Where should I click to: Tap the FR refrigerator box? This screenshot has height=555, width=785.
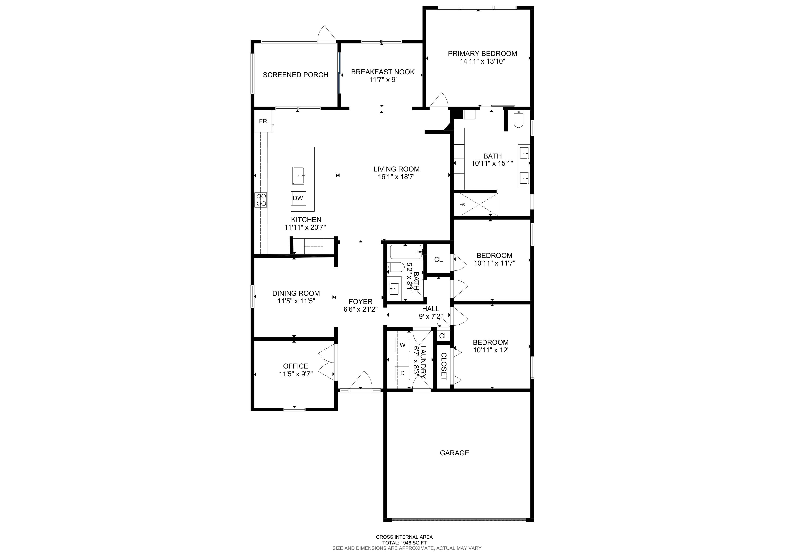click(263, 121)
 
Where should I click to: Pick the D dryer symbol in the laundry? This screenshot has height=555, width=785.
click(402, 373)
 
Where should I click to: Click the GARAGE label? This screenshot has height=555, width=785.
click(454, 453)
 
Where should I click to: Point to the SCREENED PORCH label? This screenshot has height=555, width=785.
click(295, 75)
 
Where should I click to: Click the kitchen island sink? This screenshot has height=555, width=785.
click(298, 176)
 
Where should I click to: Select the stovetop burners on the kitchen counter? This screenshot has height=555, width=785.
click(261, 200)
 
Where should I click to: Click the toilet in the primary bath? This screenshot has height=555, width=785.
click(518, 119)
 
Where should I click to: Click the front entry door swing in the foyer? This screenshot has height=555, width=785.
click(361, 380)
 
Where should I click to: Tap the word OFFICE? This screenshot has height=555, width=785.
click(295, 366)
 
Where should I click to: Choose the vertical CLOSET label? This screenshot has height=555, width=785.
click(444, 366)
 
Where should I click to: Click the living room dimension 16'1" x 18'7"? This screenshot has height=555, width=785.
click(397, 177)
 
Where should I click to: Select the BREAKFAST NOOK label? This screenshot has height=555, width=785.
click(383, 72)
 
